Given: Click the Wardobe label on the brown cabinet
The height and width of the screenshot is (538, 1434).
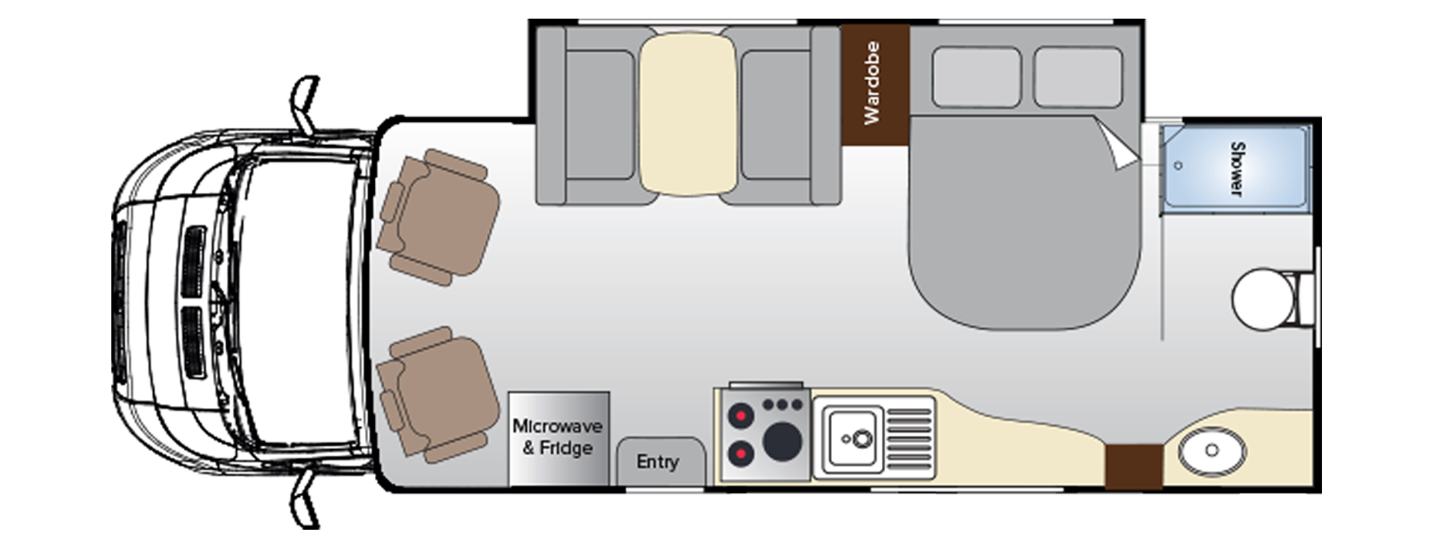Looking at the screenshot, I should point(872,83).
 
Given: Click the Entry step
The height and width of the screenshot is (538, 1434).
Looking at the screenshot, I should point(658,462).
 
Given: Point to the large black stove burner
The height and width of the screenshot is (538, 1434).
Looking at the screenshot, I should point(782,441).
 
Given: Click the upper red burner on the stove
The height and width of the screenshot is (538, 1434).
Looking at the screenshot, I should point(740,415).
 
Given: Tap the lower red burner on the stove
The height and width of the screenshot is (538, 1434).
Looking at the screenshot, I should point(740,453).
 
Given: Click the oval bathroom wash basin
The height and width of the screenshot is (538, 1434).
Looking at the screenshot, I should point(1211,450).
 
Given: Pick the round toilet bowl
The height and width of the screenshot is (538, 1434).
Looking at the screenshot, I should point(1261,298).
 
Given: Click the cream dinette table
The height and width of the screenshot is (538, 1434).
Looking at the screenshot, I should point(688,114).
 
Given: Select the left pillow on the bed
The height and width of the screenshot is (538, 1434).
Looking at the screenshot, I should point(976,77).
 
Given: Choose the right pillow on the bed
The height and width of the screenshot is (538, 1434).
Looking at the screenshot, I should point(1078,77).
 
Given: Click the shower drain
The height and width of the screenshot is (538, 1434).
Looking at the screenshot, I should point(1178,166).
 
